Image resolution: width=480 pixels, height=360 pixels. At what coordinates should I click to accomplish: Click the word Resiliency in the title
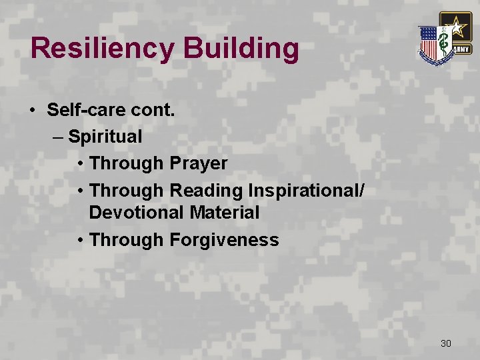pos(101,48)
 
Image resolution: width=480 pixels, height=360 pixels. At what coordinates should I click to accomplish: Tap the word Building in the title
pos(239,48)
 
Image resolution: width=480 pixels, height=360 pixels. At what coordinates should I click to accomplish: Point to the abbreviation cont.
pos(153,109)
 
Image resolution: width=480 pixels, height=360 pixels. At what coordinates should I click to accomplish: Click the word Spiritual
pos(105,137)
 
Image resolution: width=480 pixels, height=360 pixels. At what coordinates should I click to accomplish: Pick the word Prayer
pos(199,163)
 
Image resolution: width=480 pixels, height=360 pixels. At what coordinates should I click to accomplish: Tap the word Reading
pos(206,191)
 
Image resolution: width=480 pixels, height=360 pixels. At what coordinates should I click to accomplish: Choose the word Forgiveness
pos(225,240)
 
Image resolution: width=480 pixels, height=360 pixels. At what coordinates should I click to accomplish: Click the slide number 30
pos(446,343)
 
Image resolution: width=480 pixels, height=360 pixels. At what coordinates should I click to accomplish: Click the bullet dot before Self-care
pos(33,110)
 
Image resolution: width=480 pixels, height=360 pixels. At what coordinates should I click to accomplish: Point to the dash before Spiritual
pos(57,137)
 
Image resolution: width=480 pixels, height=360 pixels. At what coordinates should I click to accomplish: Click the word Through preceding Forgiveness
pos(126,240)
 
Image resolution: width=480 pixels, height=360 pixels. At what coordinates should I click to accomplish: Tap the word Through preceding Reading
pos(126,191)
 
